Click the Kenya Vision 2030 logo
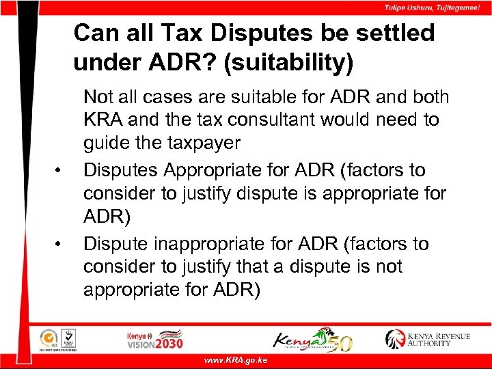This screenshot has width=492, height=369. (x=154, y=338)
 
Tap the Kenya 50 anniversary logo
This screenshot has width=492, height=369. (x=312, y=338)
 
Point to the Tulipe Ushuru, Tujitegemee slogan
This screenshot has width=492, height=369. (x=431, y=8)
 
